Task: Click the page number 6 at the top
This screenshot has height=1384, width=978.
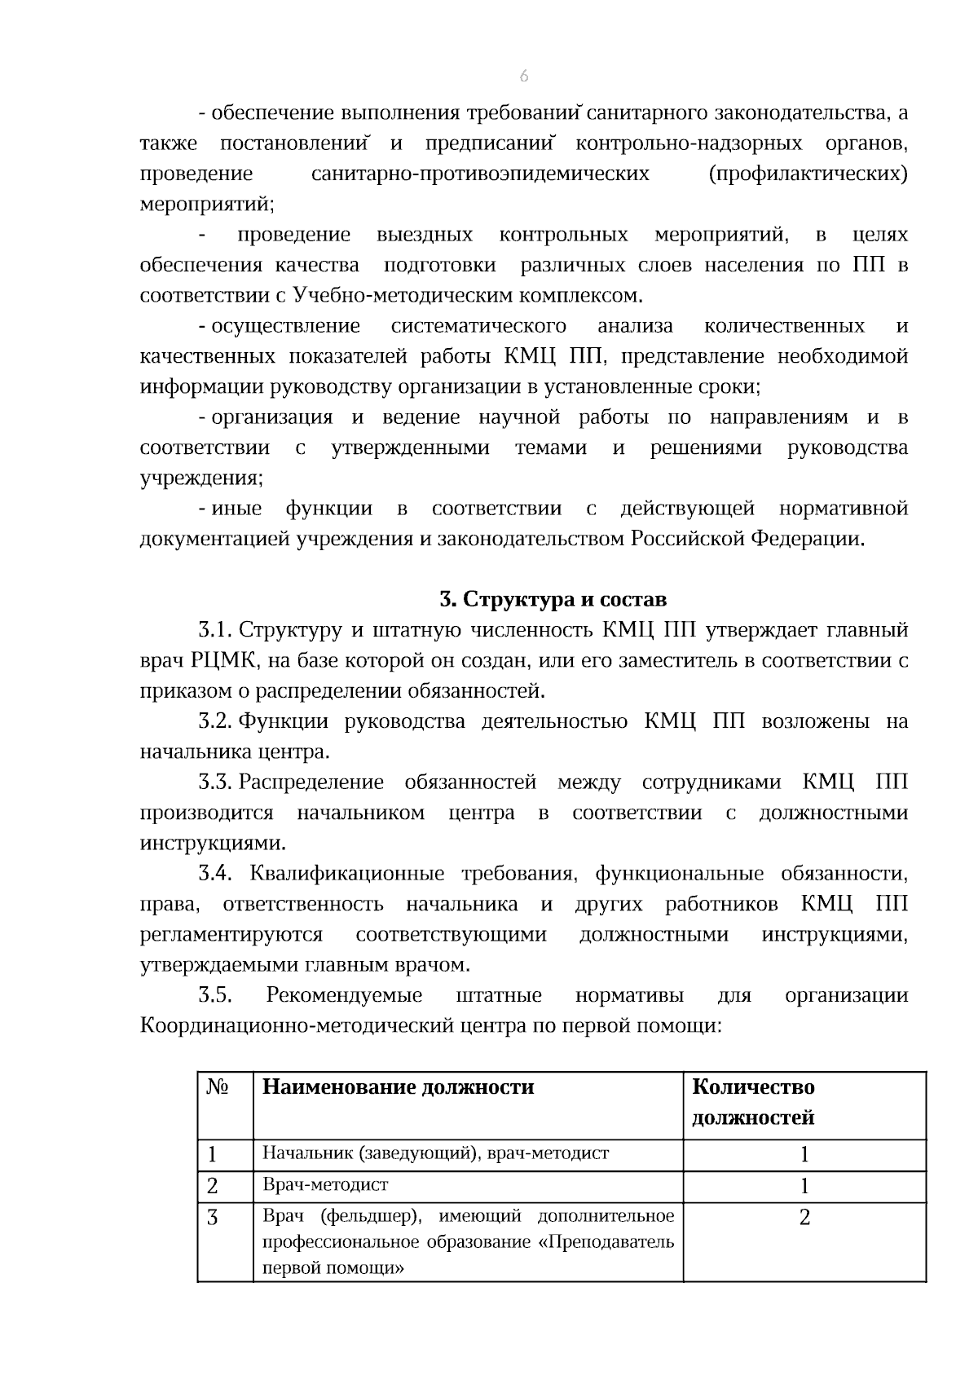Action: [x=523, y=77]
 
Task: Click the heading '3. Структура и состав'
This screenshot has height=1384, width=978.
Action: [x=553, y=600]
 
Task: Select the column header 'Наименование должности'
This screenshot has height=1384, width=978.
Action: [x=398, y=1087]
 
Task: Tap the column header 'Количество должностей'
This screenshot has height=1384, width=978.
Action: [x=753, y=1102]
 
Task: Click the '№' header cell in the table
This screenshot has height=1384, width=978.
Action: [x=217, y=1087]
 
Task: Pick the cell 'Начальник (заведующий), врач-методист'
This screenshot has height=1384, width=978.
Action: [x=435, y=1153]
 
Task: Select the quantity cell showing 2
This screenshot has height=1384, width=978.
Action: [x=804, y=1218]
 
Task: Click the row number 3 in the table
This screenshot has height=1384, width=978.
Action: [x=213, y=1218]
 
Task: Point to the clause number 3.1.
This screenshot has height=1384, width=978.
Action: [x=215, y=631]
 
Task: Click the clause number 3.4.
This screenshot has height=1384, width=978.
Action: [x=215, y=874]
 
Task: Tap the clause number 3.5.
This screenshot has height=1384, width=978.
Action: [x=215, y=996]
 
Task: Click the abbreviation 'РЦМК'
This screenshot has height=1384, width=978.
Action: [x=225, y=661]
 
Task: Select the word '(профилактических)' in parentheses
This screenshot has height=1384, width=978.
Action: [x=808, y=174]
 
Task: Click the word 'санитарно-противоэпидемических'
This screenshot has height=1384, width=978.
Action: [x=480, y=174]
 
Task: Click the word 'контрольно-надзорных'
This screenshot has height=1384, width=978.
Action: [x=689, y=143]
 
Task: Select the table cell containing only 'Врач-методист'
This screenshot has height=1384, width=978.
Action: [x=325, y=1185]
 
